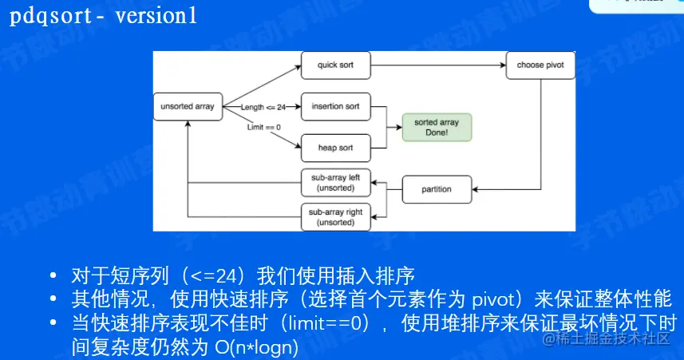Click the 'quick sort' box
pos(335,65)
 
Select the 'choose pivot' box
pos(540,65)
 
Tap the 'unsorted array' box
pos(188,106)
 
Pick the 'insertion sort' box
pos(335,106)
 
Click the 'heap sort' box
pos(335,148)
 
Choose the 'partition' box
pos(437,189)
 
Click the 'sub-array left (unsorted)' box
pos(335,183)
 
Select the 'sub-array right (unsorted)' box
pos(335,218)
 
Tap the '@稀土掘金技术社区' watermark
pos(607,341)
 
